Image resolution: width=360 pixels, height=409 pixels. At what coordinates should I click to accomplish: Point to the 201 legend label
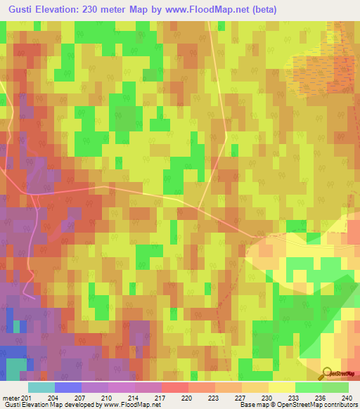tap(27, 397)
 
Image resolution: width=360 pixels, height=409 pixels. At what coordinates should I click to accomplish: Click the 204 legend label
tap(53, 397)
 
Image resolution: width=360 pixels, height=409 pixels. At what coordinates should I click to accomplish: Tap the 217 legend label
tap(160, 397)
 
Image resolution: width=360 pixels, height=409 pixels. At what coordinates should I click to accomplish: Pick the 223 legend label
tap(213, 397)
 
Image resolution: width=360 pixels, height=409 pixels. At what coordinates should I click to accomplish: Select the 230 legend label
tap(266, 397)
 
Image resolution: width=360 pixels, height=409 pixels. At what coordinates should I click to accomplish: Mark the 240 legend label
tap(345, 397)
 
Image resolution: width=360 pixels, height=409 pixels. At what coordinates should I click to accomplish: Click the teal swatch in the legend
tap(41, 387)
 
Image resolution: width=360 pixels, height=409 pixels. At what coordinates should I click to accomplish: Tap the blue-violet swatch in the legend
tap(68, 387)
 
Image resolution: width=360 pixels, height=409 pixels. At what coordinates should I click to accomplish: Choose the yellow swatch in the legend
tap(281, 387)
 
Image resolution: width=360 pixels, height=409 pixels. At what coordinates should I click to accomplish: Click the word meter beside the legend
tap(11, 397)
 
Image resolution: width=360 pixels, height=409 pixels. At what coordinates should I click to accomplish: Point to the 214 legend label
tap(134, 397)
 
